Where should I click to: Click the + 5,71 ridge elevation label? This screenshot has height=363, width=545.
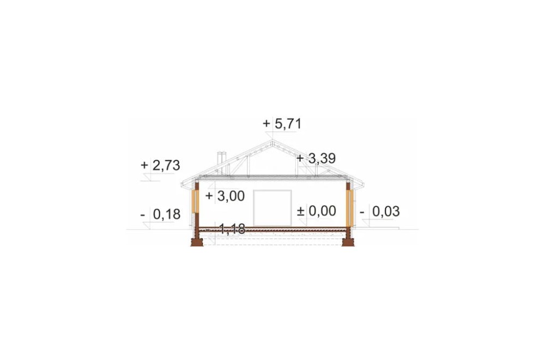pyautogui.click(x=282, y=124)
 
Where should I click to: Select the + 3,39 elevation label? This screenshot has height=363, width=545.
pyautogui.click(x=316, y=159)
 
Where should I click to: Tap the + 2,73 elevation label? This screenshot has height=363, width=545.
pyautogui.click(x=160, y=165)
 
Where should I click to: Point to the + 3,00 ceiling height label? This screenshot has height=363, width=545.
pyautogui.click(x=225, y=196)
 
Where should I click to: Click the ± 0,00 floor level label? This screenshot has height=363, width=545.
pyautogui.click(x=316, y=211)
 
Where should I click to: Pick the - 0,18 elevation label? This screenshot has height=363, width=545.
pyautogui.click(x=160, y=215)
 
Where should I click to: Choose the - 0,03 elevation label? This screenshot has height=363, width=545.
pyautogui.click(x=379, y=211)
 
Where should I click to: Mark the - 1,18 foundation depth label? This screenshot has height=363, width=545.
pyautogui.click(x=226, y=229)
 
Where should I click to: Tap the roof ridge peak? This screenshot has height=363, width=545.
pyautogui.click(x=272, y=141)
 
